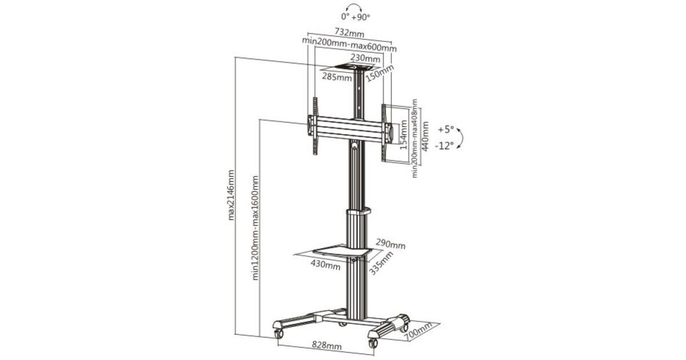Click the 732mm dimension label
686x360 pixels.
[x=349, y=33]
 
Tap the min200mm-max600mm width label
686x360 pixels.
[x=349, y=45]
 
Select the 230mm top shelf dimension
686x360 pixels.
[x=365, y=58]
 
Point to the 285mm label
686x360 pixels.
[x=337, y=77]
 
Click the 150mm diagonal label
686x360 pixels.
[x=380, y=73]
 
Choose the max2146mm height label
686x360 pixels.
[x=231, y=195]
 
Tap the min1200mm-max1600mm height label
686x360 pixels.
[x=255, y=228]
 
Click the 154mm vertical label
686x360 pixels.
[x=404, y=135]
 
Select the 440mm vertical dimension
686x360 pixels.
[x=425, y=136]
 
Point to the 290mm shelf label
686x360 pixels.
[x=390, y=244]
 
